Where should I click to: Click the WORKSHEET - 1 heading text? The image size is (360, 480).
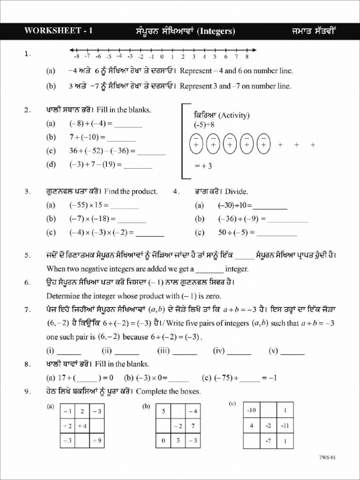pyautogui.click(x=58, y=31)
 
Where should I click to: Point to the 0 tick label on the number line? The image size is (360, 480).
pyautogui.click(x=161, y=57)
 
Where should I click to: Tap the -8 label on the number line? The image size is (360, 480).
pyautogui.click(x=76, y=57)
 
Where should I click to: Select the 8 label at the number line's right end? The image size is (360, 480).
pyautogui.click(x=247, y=57)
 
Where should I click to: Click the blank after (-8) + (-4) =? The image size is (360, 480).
pyautogui.click(x=128, y=125)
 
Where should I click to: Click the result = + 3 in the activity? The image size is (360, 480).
pyautogui.click(x=203, y=165)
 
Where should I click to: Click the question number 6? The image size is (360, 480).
pyautogui.click(x=28, y=282)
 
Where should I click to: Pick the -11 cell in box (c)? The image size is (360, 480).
pyautogui.click(x=285, y=426)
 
